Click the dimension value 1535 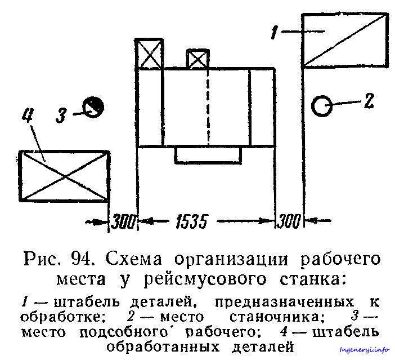pyautogui.click(x=191, y=221)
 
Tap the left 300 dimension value pyautogui.click(x=123, y=221)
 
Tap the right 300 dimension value pyautogui.click(x=289, y=221)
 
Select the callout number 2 pyautogui.click(x=369, y=101)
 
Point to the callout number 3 pyautogui.click(x=61, y=115)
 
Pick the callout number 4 pyautogui.click(x=28, y=115)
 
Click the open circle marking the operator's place pyautogui.click(x=322, y=97)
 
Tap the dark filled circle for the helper pyautogui.click(x=93, y=107)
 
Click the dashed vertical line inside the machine pyautogui.click(x=208, y=107)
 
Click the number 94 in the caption pyautogui.click(x=81, y=259)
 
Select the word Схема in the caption pyautogui.click(x=134, y=259)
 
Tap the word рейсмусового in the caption pyautogui.click(x=205, y=280)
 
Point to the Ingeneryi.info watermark pyautogui.click(x=365, y=350)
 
